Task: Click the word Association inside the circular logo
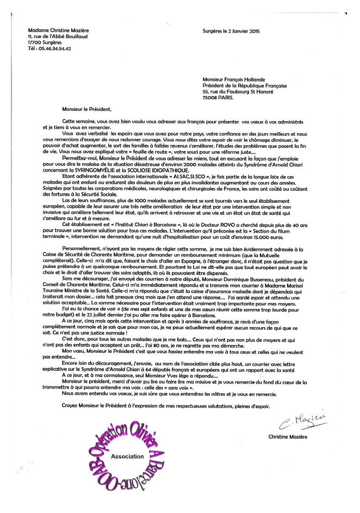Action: click(x=127, y=456)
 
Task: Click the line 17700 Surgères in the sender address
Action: click(x=46, y=42)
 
